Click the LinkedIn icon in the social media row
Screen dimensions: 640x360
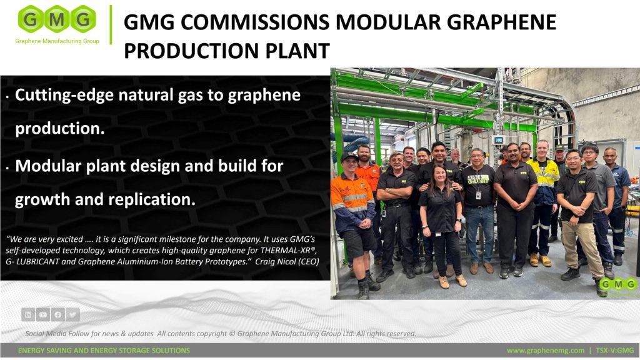point(28,315)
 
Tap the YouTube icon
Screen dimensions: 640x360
point(43,315)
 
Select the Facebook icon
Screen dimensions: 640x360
point(57,315)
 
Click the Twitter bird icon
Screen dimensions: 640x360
point(72,315)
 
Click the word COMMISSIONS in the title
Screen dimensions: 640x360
point(255,22)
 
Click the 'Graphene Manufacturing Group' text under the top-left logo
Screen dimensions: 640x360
point(57,41)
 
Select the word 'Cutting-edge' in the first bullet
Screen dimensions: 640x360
point(64,96)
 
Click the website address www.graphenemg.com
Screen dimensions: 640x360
point(546,351)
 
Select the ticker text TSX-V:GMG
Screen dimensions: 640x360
point(615,351)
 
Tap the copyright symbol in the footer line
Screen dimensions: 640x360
point(232,334)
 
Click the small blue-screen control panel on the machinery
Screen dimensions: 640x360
point(498,140)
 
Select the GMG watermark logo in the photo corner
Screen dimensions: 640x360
point(619,284)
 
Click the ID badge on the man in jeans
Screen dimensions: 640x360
point(478,195)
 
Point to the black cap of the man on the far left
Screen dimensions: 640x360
point(349,156)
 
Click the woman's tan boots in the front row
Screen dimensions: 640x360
point(453,281)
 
